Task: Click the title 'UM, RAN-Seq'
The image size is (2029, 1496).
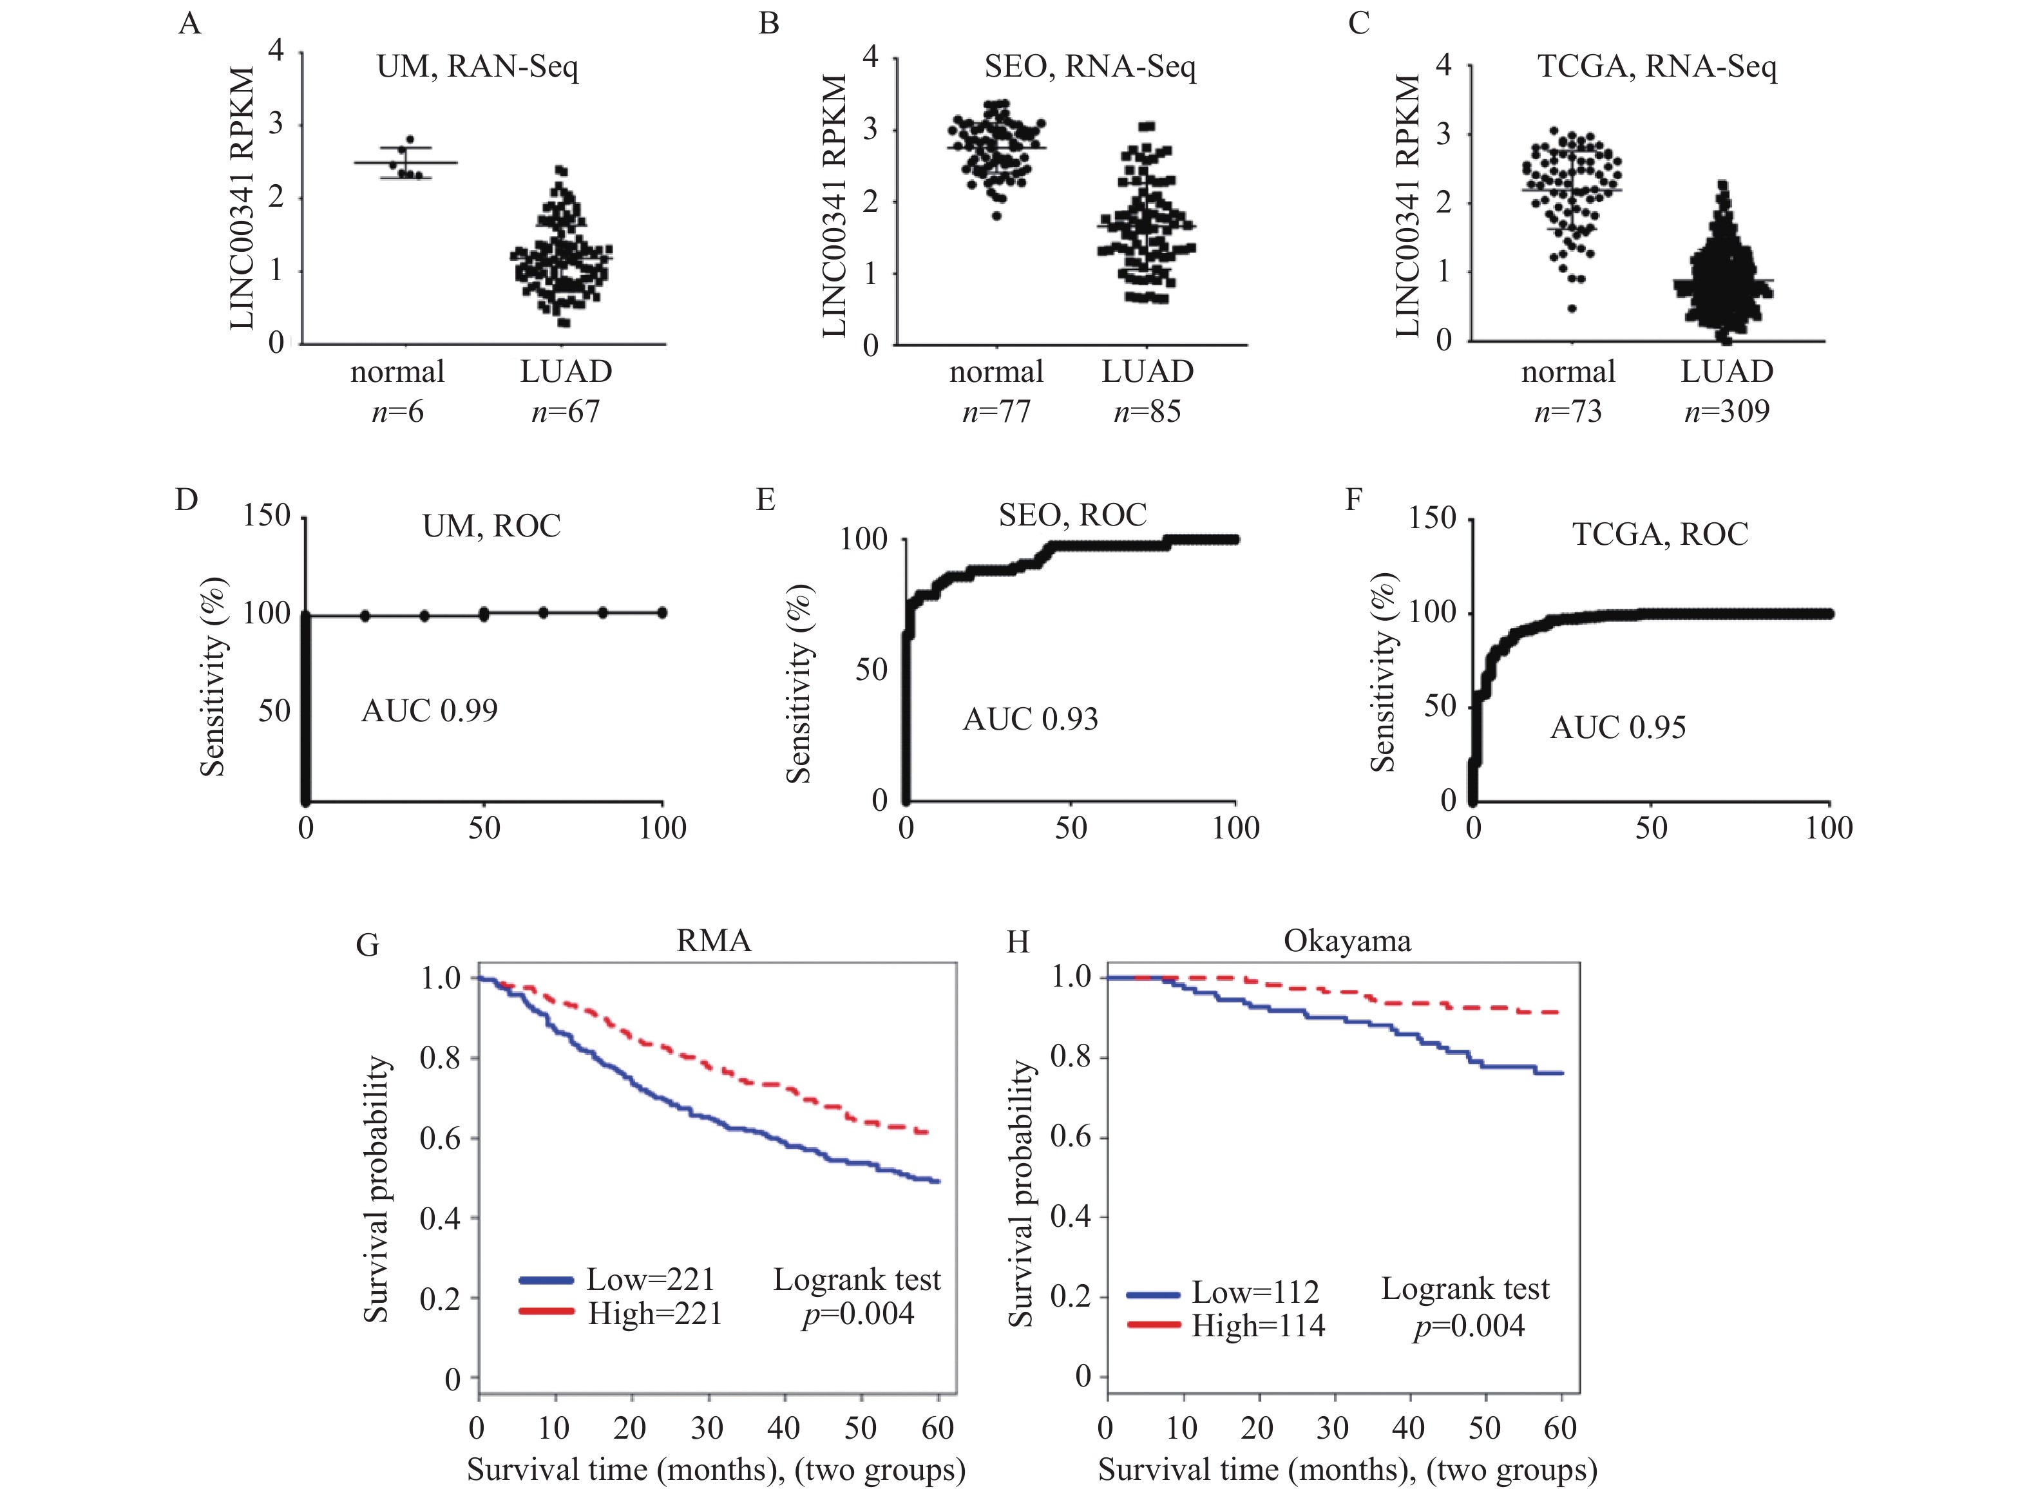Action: (477, 67)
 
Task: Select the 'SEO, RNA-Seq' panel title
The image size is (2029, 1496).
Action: (1090, 66)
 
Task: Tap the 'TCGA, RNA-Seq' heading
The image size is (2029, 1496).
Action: (1657, 67)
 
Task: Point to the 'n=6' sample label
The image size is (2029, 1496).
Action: (397, 412)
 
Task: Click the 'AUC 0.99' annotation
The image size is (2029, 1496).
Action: (430, 711)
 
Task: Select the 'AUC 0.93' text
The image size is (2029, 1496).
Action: (1030, 720)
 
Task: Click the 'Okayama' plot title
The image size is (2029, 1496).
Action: (1347, 941)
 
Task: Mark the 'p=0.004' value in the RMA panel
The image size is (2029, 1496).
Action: (858, 1314)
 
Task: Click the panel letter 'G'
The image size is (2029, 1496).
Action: (367, 945)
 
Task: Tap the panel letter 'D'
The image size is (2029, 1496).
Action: (187, 500)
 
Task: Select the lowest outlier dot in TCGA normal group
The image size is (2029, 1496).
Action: (1572, 309)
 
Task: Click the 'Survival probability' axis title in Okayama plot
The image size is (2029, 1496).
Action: (1021, 1193)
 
